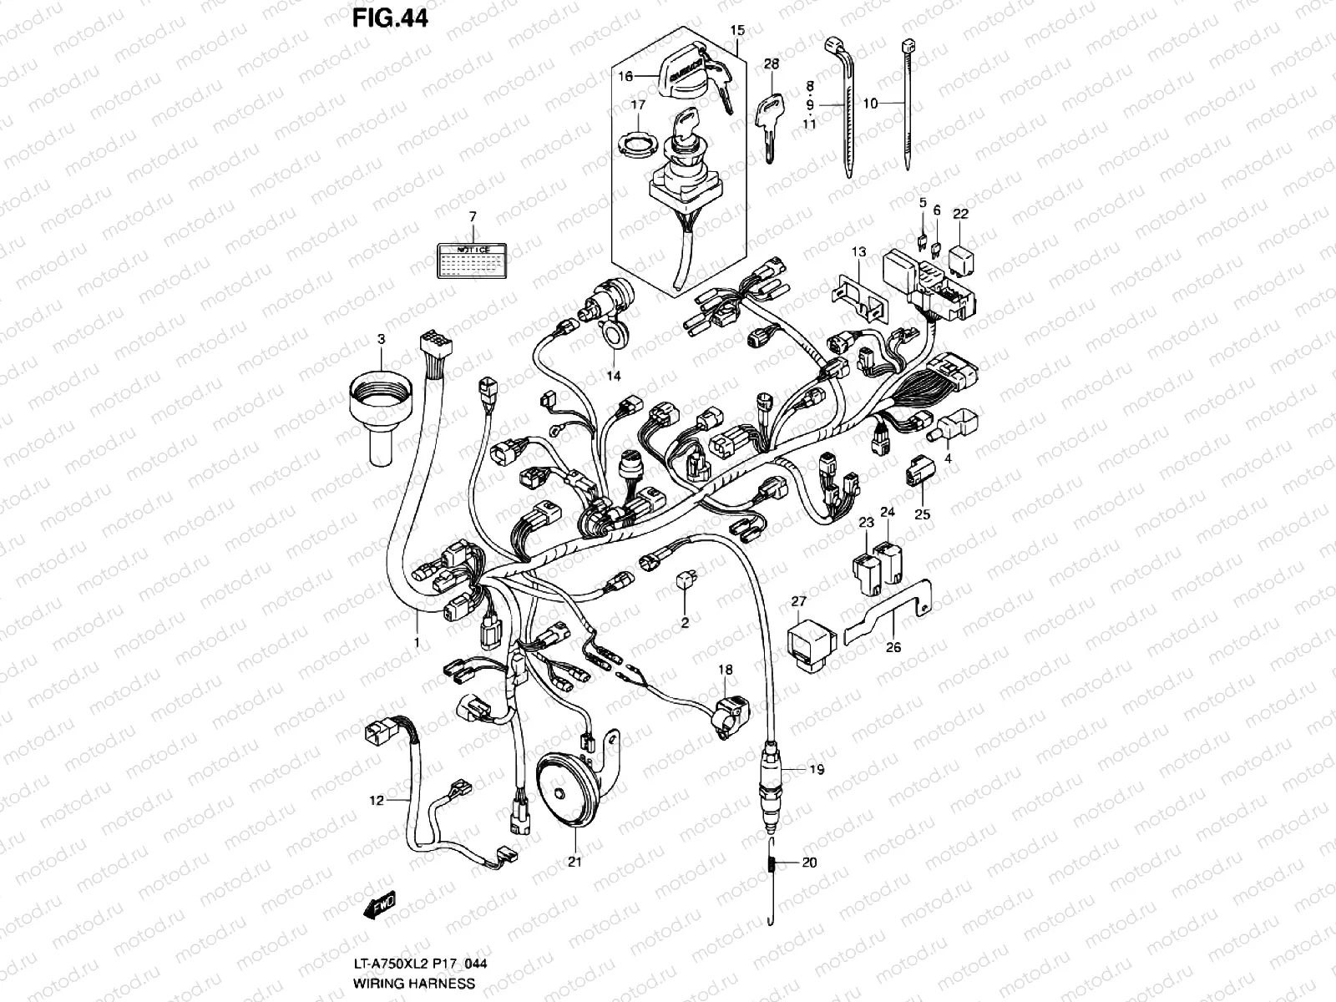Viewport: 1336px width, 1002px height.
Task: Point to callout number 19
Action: point(816,770)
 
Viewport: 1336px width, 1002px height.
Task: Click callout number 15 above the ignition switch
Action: point(736,31)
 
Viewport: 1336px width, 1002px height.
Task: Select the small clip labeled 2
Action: point(685,579)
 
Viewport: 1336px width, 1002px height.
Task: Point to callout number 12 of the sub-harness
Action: point(377,800)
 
